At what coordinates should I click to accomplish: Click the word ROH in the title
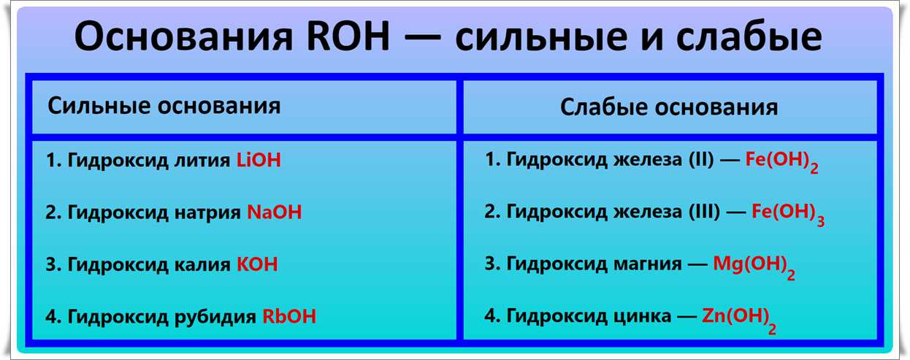tap(348, 37)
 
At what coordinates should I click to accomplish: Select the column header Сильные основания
tap(164, 106)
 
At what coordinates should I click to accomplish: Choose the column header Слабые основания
tap(669, 107)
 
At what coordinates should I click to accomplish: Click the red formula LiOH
tap(259, 160)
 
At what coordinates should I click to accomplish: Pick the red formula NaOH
tap(274, 212)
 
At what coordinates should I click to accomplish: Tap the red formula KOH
tap(257, 264)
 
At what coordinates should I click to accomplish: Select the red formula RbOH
tap(288, 316)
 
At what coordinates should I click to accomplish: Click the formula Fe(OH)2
tap(781, 161)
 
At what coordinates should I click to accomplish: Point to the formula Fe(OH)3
tap(788, 214)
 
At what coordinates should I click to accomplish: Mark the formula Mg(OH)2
tap(754, 267)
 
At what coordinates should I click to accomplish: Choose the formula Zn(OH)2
tap(739, 319)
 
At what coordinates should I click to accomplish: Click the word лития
tap(202, 161)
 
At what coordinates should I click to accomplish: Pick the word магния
tap(648, 264)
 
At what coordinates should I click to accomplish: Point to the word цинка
tap(642, 317)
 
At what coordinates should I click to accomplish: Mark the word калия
tap(202, 265)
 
